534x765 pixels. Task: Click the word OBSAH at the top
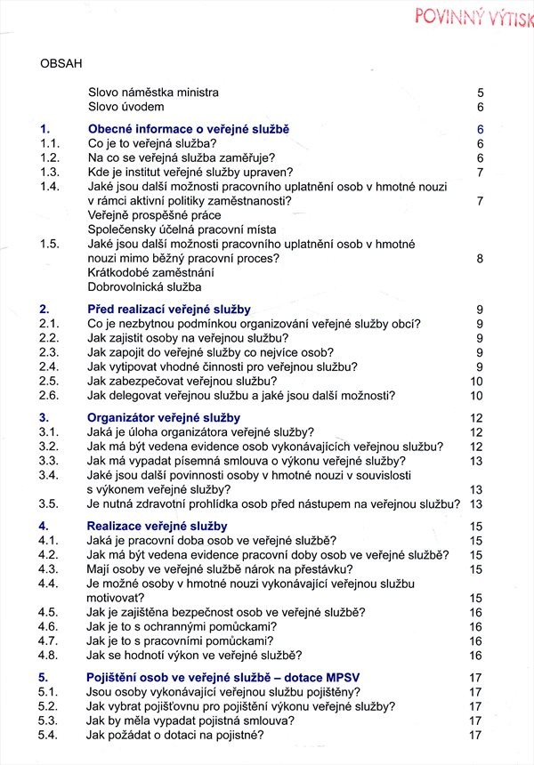click(x=61, y=63)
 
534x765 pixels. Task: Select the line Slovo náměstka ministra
click(x=153, y=92)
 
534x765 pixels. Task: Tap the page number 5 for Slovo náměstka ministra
click(x=480, y=92)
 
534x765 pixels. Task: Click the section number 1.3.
click(x=49, y=172)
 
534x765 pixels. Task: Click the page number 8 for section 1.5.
click(x=480, y=259)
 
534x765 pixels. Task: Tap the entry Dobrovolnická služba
click(x=145, y=286)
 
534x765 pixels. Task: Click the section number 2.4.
click(x=49, y=366)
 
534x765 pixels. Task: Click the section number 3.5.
click(x=49, y=503)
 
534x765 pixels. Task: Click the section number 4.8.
click(x=49, y=656)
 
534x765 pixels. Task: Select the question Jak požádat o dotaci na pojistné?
click(x=176, y=735)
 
